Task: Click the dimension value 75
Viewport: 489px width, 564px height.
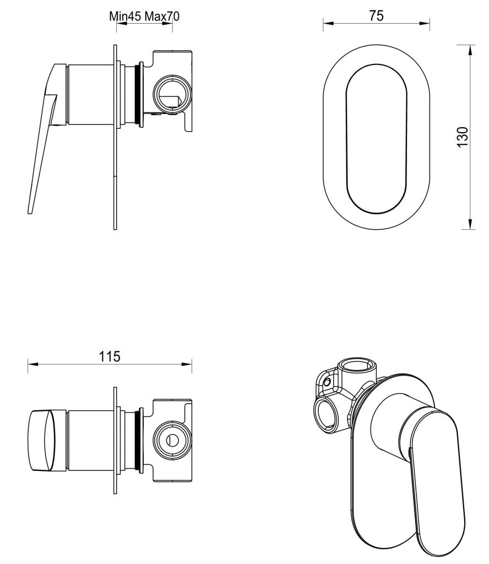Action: click(x=376, y=15)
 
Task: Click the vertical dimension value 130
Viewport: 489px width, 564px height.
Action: click(x=463, y=137)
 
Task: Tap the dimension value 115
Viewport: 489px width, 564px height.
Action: click(x=110, y=356)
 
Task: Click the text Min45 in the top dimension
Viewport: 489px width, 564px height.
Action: click(x=126, y=16)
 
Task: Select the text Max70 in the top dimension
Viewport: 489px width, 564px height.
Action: click(x=162, y=16)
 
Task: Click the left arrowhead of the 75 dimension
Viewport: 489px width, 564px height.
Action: click(x=327, y=23)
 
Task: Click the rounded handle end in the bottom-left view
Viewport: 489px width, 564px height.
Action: click(x=41, y=441)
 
